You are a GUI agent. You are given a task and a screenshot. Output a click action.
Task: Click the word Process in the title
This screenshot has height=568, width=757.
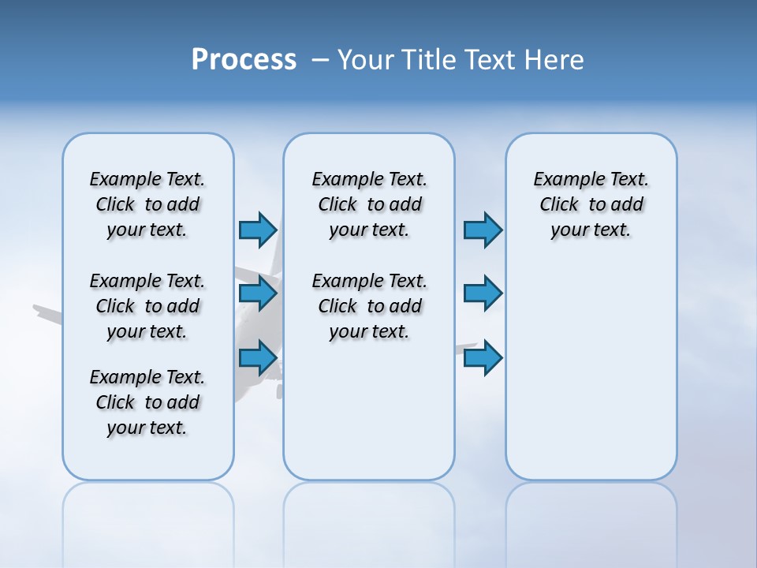click(244, 60)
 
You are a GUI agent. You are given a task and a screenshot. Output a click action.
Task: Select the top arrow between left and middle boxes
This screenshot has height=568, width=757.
click(258, 230)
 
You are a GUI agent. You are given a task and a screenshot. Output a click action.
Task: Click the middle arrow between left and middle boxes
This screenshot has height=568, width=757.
click(258, 294)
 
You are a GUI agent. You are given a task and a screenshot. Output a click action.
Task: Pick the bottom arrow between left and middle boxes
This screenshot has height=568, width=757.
click(258, 358)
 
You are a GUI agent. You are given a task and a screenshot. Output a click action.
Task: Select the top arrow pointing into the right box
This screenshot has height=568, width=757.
click(483, 230)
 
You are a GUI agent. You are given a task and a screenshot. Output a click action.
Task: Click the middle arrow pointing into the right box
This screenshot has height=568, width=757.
click(483, 294)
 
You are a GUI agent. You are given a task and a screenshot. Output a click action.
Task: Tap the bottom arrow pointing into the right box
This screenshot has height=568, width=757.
click(483, 358)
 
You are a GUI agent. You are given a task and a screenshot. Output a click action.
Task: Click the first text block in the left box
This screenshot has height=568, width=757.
click(147, 204)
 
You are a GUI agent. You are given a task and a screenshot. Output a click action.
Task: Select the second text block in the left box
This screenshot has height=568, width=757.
click(147, 306)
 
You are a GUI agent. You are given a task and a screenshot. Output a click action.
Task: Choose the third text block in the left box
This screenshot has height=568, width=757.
click(147, 402)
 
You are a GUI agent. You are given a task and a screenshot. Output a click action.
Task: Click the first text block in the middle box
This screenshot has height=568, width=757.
click(369, 204)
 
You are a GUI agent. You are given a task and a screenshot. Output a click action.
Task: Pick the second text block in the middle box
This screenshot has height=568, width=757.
click(369, 306)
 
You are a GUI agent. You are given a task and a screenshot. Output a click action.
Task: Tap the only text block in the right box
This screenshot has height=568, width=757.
click(591, 204)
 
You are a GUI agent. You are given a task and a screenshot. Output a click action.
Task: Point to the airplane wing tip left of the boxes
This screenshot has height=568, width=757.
click(39, 309)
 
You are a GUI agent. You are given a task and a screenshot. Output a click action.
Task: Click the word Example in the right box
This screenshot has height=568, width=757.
click(562, 180)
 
